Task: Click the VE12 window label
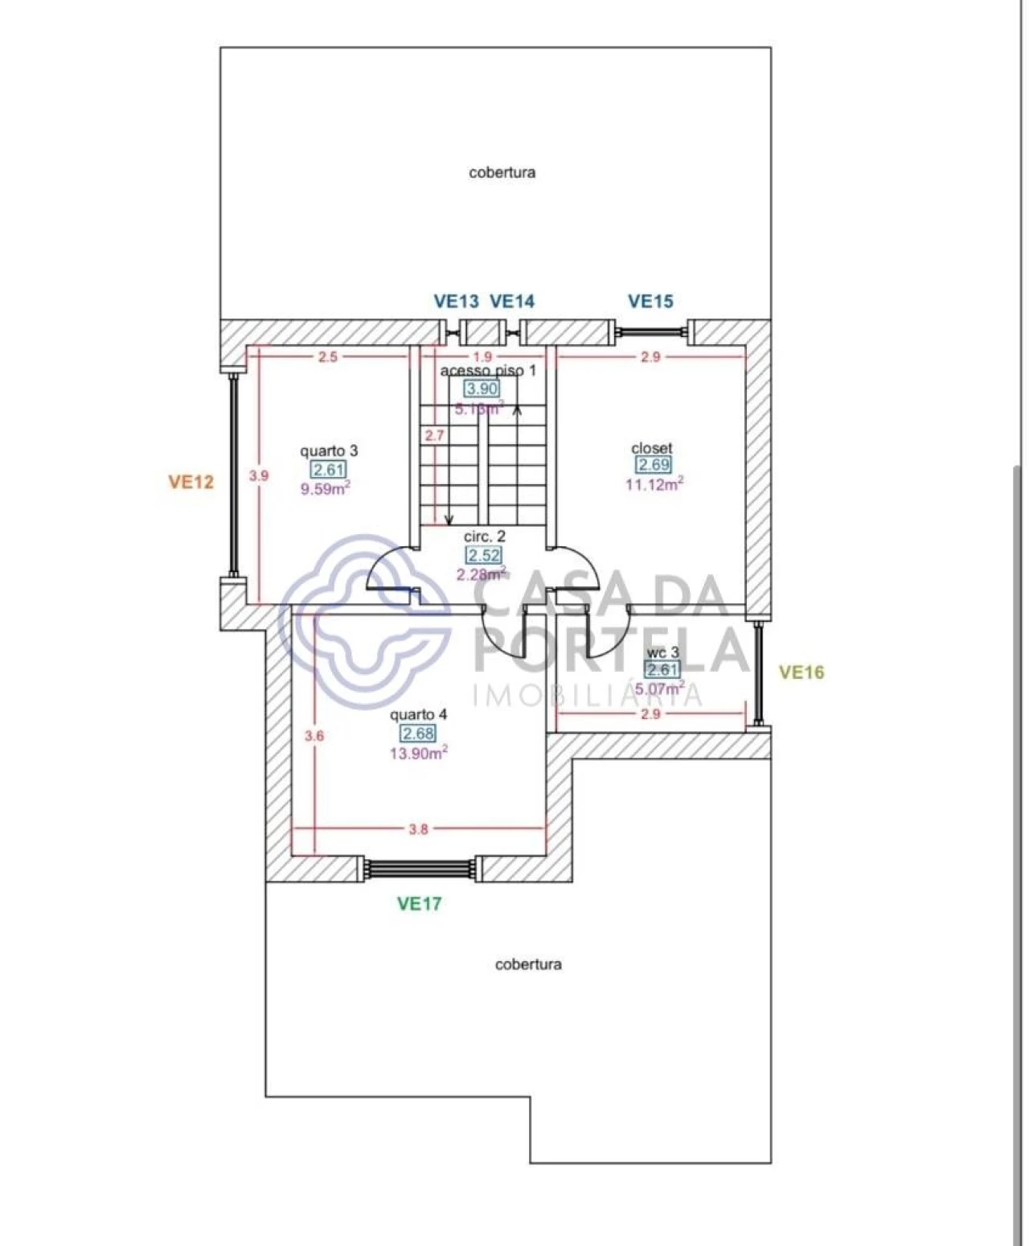click(191, 482)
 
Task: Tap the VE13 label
click(456, 302)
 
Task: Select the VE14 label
click(512, 302)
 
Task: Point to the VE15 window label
click(650, 302)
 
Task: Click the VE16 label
click(801, 672)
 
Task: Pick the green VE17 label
click(419, 903)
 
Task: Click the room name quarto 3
click(329, 451)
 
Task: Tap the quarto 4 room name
click(418, 714)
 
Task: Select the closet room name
click(652, 448)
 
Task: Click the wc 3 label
click(663, 652)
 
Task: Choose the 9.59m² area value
click(325, 489)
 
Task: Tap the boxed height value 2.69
click(654, 465)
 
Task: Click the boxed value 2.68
click(418, 734)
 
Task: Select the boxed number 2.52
click(484, 555)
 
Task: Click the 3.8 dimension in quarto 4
click(418, 829)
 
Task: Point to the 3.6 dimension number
click(314, 735)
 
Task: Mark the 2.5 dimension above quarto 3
click(328, 357)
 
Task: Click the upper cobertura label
click(502, 172)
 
